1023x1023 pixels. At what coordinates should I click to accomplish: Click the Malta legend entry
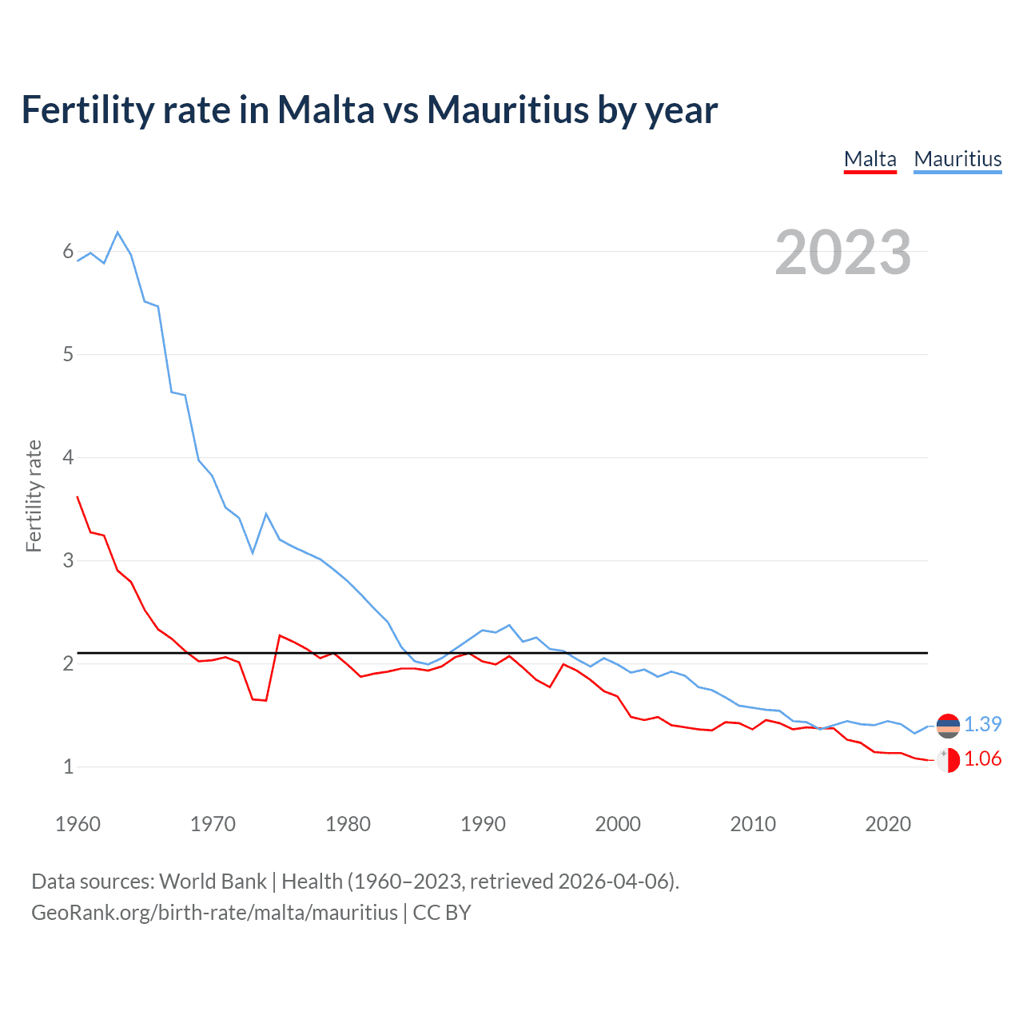pos(870,159)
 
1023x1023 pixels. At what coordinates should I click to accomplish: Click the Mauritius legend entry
pos(957,159)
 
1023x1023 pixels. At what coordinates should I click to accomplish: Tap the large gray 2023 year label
pos(842,253)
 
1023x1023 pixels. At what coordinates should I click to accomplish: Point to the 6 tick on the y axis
pos(68,252)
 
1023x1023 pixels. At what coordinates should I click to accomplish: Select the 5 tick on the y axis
pos(68,355)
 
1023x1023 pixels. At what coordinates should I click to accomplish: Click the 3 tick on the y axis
pos(68,560)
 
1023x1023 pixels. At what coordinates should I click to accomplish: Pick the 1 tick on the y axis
pos(68,766)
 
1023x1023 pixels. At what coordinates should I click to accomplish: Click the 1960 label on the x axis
pos(78,824)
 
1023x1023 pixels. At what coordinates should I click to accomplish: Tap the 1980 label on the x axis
pos(348,824)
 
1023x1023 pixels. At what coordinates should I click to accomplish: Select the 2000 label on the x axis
pos(618,824)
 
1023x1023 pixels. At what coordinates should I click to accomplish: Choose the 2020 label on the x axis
pos(888,824)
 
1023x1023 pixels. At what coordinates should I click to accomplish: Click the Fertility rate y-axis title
pos(34,496)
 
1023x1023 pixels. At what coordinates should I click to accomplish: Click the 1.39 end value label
pos(982,724)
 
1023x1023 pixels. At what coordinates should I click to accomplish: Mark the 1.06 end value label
pos(982,759)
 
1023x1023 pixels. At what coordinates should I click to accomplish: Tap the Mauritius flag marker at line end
pos(948,725)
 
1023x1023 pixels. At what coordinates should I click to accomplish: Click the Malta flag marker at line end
pos(948,760)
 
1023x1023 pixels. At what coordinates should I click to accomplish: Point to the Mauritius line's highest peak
pos(117,233)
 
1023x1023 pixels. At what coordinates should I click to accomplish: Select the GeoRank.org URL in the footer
pos(214,913)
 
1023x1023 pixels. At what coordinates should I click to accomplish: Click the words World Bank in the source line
pos(213,882)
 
